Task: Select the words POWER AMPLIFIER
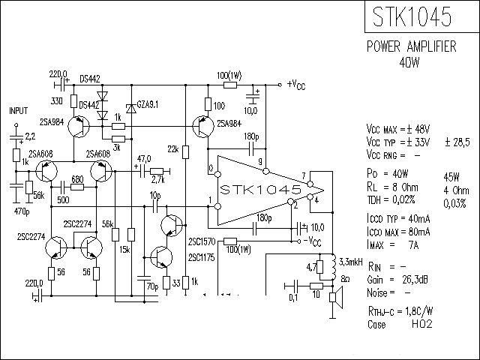point(411,46)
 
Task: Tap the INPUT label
point(18,110)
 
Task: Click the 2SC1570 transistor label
point(202,241)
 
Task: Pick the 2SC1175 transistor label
point(202,257)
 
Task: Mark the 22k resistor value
point(173,150)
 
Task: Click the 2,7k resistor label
point(158,181)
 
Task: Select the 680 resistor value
point(76,178)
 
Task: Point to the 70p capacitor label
point(151,286)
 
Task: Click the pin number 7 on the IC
point(303,177)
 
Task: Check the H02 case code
point(419,325)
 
